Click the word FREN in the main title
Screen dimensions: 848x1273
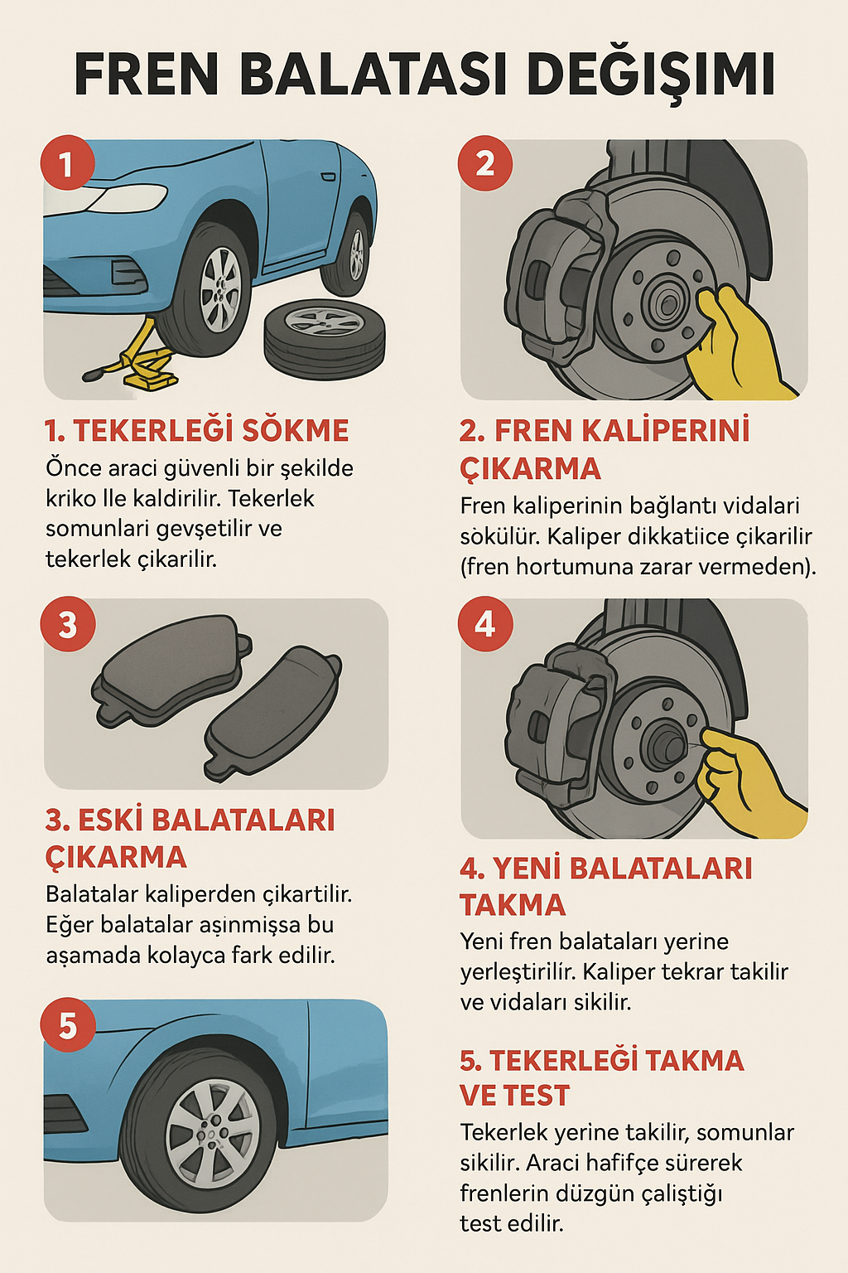point(146,75)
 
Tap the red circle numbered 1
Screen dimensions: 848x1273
point(67,163)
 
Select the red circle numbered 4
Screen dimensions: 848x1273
point(484,624)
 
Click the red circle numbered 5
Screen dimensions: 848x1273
point(67,1026)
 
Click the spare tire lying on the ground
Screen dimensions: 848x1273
point(325,337)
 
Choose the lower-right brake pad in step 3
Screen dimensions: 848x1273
point(272,710)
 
